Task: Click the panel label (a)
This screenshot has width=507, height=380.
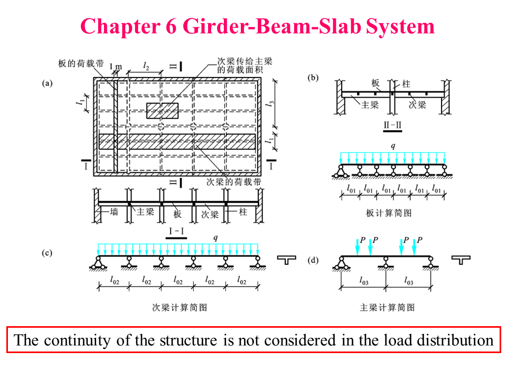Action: pos(48,82)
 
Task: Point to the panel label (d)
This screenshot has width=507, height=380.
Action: pos(313,260)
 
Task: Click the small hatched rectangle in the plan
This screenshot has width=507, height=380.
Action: pos(162,110)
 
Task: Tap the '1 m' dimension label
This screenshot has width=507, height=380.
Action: pos(116,67)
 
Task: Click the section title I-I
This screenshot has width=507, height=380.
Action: pos(176,231)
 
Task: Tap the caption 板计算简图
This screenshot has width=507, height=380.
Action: pos(388,213)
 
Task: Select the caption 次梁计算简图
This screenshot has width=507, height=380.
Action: pos(180,307)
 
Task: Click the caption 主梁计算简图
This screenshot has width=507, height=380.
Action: pos(387,307)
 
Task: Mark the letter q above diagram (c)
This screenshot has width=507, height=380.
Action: pos(215,238)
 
